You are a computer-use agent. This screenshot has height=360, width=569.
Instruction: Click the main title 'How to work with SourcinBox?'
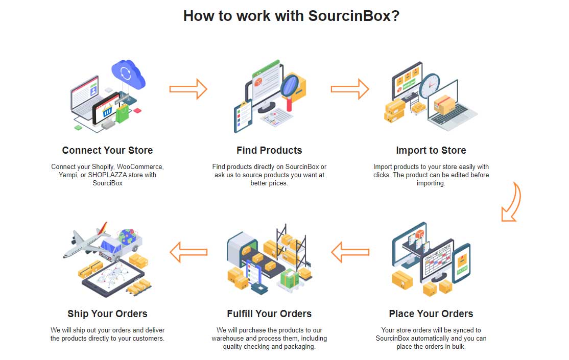point(291,16)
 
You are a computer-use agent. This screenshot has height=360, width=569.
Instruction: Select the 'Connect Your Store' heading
point(107,151)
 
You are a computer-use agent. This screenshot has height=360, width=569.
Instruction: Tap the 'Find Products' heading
point(269,151)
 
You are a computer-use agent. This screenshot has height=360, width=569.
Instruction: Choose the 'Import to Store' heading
point(431,151)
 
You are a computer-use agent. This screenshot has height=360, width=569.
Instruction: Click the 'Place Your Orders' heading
point(431,314)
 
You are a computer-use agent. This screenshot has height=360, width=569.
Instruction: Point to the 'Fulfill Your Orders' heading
point(269,314)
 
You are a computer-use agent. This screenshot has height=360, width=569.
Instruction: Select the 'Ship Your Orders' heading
point(107,314)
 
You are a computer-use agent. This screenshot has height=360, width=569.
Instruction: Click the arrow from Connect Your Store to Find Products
point(188,89)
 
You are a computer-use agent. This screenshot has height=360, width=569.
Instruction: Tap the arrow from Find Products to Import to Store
point(349,89)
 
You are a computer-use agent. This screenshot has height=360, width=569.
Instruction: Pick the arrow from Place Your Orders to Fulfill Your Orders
point(350,252)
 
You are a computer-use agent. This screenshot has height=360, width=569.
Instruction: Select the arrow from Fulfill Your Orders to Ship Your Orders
point(188,252)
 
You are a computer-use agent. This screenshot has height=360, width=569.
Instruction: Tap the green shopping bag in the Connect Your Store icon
point(123,113)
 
